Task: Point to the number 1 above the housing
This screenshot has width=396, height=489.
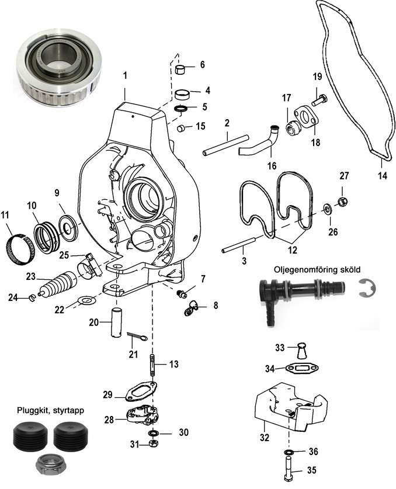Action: click(x=124, y=75)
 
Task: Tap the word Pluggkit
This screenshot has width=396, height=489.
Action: click(x=29, y=411)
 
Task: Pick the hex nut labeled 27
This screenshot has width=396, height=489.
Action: click(x=343, y=202)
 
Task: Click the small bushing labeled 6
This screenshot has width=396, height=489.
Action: click(x=183, y=70)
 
